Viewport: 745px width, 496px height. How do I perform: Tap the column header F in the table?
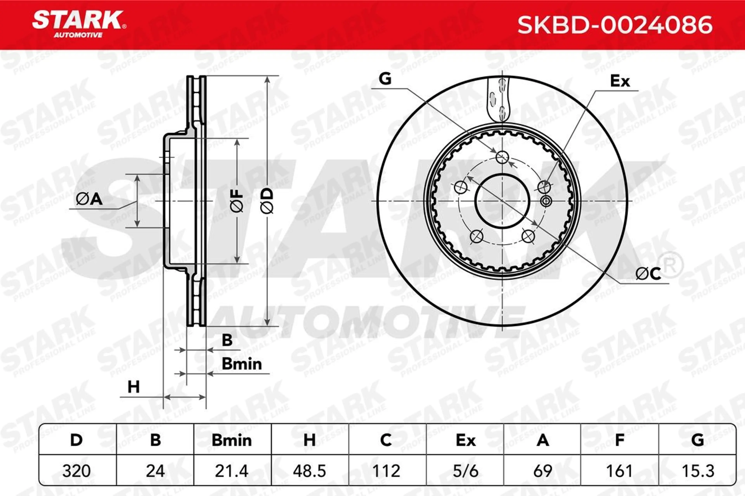pos(619,440)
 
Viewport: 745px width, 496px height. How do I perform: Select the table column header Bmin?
pos(231,440)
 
